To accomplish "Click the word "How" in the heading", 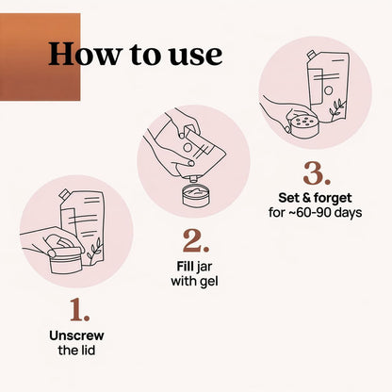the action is tap(84, 54).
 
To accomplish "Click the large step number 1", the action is tap(79, 310).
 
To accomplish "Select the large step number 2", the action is tap(196, 241).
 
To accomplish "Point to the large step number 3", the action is tap(317, 173).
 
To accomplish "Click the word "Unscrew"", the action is tap(76, 335).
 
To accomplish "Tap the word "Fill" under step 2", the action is tap(186, 267).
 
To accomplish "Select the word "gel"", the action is tap(208, 282).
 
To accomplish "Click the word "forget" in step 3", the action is tap(333, 199).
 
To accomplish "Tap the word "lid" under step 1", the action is tap(88, 351).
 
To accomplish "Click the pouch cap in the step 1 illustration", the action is tap(64, 194).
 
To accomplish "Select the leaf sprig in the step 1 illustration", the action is tap(95, 248).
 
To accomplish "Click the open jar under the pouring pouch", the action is tap(195, 196).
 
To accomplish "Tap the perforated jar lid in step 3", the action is tap(304, 126).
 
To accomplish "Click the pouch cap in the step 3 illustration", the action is tap(312, 55).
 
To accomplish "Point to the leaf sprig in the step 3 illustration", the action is tap(336, 108).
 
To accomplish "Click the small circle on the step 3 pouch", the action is tap(328, 90).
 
